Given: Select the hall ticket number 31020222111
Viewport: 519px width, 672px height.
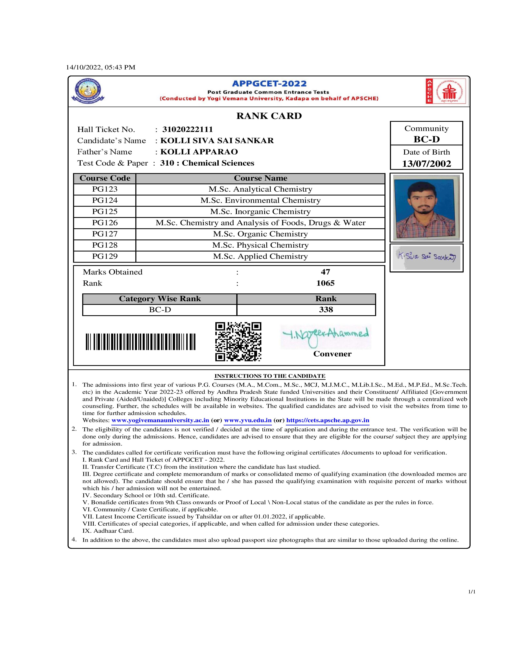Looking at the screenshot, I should [188, 130].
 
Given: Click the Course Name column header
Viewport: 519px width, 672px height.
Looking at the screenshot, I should [261, 178].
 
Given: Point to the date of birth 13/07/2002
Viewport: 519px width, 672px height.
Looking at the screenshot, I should [426, 164].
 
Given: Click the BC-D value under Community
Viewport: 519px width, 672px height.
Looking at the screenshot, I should [426, 139].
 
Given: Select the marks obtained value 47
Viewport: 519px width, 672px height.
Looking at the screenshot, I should [325, 272].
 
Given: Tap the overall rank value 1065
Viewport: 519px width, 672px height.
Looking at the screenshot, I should [325, 283].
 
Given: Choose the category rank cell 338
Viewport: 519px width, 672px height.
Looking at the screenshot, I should [326, 310].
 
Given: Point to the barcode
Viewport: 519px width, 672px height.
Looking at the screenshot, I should [140, 342].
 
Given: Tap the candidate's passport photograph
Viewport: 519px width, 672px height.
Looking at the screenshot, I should [426, 207].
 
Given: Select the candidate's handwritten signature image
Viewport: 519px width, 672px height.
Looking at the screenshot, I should [426, 258].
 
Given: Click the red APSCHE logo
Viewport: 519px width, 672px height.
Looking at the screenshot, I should [446, 91].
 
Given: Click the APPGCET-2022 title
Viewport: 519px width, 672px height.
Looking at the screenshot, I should [269, 84].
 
